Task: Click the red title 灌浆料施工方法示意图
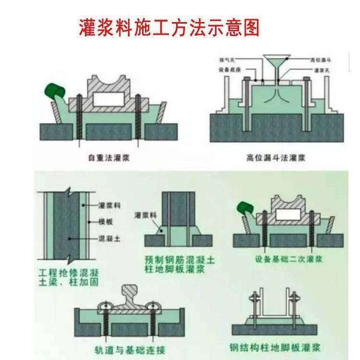[168, 28]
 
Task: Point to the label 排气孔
[226, 60]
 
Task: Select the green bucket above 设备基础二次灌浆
[246, 209]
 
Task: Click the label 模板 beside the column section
[105, 221]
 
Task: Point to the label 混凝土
[108, 238]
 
